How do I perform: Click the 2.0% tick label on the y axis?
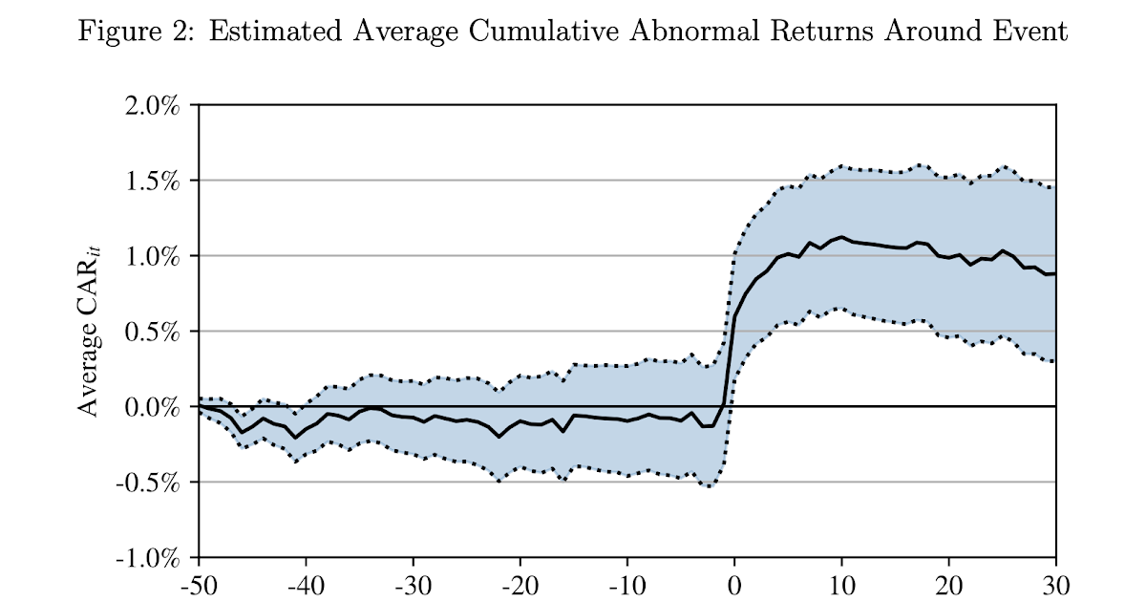[153, 105]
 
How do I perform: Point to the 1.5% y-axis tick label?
[153, 181]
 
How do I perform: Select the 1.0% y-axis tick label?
[153, 256]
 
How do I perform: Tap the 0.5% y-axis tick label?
[153, 332]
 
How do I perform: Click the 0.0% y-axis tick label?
[153, 407]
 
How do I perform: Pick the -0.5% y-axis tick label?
[149, 483]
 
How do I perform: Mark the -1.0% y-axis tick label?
[149, 558]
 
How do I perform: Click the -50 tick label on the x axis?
[199, 583]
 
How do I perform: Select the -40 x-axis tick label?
[306, 583]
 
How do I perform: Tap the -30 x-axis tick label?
[413, 583]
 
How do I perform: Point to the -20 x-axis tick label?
[520, 583]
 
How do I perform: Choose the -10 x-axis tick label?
[626, 583]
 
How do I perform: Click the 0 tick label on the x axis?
[734, 583]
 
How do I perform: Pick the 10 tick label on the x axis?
[841, 583]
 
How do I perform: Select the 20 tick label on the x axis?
[948, 583]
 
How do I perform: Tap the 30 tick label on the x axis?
[1055, 583]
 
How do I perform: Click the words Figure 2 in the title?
[136, 32]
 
